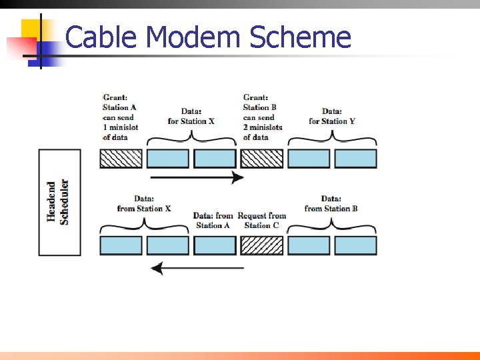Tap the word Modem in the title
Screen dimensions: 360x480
(193, 37)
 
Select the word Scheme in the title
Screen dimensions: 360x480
(300, 37)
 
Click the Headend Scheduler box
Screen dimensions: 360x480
(59, 202)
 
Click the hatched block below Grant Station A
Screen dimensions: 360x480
(121, 159)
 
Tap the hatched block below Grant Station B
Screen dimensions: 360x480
(261, 159)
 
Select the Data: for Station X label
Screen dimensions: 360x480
(191, 116)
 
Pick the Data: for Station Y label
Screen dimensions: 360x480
(332, 116)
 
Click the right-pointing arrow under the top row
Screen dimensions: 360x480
(197, 177)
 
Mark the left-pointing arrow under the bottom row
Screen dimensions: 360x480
(197, 269)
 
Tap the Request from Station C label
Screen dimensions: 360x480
(262, 220)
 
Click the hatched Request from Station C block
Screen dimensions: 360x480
(261, 245)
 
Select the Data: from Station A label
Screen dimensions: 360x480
(213, 220)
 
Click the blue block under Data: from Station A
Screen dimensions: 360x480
(215, 245)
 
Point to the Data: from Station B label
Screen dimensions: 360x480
(331, 203)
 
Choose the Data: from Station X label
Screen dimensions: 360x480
(144, 203)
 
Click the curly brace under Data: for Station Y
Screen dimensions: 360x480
(332, 139)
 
